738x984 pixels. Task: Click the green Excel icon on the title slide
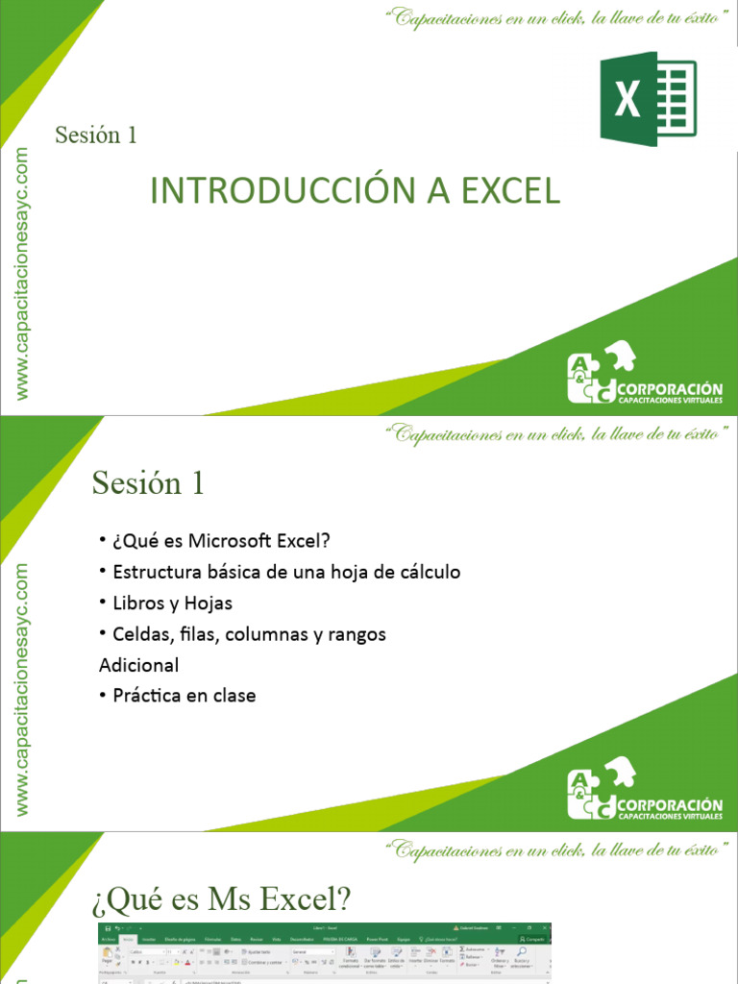pyautogui.click(x=648, y=99)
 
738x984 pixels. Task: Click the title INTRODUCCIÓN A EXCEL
pyautogui.click(x=355, y=190)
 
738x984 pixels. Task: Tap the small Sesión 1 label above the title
pyautogui.click(x=96, y=135)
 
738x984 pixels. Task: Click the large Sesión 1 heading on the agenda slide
pyautogui.click(x=149, y=483)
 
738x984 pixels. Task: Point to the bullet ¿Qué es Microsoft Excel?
pyautogui.click(x=220, y=541)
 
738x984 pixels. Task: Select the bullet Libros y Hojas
pyautogui.click(x=172, y=603)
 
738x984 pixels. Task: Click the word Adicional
pyautogui.click(x=139, y=665)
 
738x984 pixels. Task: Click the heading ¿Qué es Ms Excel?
pyautogui.click(x=222, y=900)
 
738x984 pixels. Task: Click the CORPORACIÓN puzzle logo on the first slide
pyautogui.click(x=644, y=374)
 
